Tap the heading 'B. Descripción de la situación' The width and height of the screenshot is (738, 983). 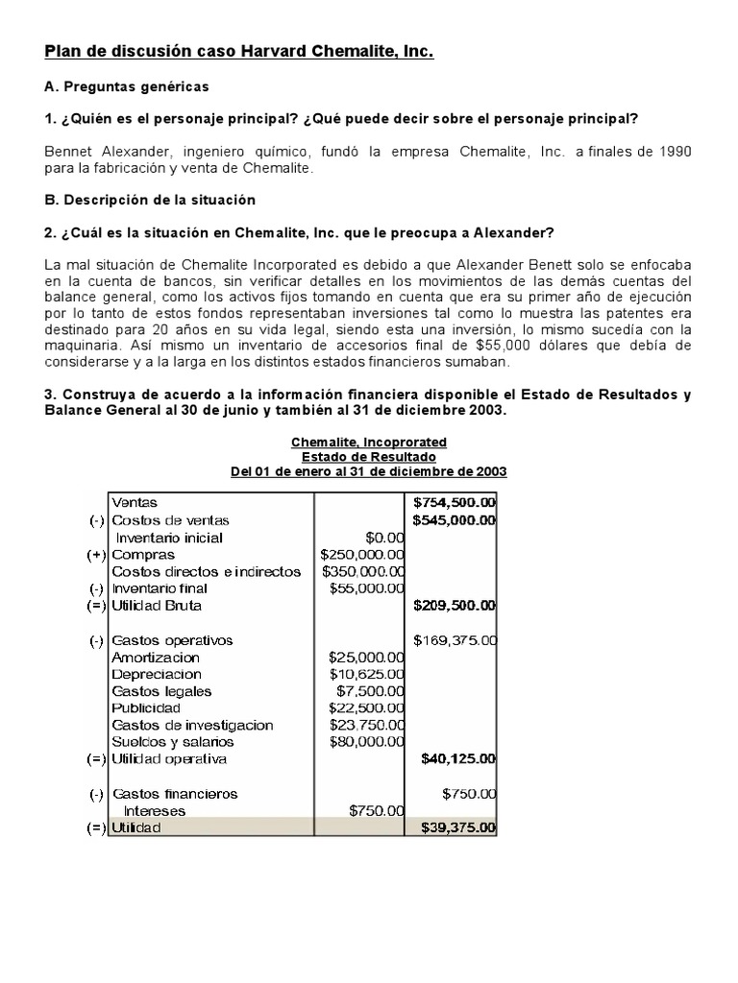pos(150,200)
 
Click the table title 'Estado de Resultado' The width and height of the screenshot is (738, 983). pos(369,457)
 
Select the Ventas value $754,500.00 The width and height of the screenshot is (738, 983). pos(454,502)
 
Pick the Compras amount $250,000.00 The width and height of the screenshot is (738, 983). pos(362,555)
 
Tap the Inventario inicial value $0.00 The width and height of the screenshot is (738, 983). pos(384,538)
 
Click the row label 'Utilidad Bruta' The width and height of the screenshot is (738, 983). pos(157,606)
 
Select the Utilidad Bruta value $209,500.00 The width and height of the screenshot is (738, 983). pos(454,606)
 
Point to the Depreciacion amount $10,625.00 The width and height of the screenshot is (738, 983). pos(366,674)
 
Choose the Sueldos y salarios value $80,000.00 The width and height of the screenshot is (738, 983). pos(366,741)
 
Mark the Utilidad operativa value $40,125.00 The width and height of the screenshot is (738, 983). pos(457,758)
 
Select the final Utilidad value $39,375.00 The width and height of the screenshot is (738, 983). pos(457,827)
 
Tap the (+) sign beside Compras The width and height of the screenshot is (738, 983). pos(97,555)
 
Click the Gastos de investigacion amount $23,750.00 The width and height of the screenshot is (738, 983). pos(366,725)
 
